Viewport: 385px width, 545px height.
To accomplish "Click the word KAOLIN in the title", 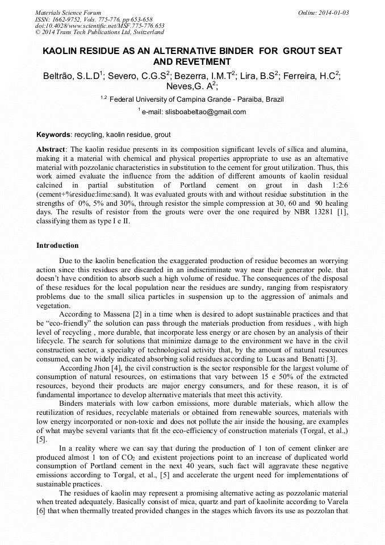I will click(62, 51).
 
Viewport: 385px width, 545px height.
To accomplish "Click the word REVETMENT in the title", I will click(204, 62).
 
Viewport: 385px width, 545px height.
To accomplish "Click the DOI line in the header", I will click(99, 26).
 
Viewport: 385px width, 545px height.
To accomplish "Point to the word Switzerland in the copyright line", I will click(144, 32).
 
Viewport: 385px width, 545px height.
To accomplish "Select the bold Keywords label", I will click(53, 135).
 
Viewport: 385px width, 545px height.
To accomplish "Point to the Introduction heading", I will click(57, 246).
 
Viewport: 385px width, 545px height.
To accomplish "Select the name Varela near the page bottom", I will click(336, 502).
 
